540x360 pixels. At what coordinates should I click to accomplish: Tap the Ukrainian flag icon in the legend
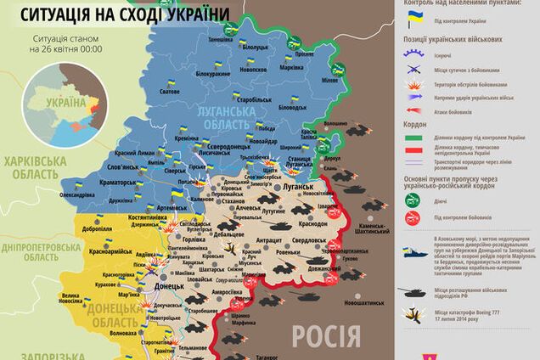[x=413, y=19]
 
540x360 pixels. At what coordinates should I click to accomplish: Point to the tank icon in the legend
[x=413, y=291]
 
